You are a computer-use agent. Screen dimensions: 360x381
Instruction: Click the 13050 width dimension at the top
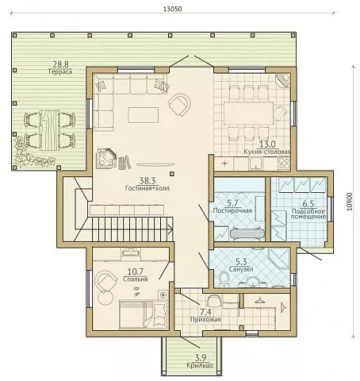click(172, 9)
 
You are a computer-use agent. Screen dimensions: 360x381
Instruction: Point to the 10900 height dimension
click(350, 202)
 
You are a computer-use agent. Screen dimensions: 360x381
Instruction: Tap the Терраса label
click(60, 71)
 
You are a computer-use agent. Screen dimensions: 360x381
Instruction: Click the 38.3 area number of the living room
click(147, 181)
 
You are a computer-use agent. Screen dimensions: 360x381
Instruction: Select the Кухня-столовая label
click(267, 152)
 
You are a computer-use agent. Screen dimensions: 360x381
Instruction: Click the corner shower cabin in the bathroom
click(279, 259)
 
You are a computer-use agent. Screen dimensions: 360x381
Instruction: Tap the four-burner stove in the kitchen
click(284, 164)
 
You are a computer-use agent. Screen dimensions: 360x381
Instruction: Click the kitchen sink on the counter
click(255, 164)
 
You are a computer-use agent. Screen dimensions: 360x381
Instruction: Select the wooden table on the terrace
click(50, 130)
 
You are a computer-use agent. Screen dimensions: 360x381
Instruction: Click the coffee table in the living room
click(144, 115)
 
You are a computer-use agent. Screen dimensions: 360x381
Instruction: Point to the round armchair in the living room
click(179, 105)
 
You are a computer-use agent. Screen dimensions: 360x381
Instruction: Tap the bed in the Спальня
click(144, 314)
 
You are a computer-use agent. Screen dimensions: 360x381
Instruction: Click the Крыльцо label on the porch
click(200, 366)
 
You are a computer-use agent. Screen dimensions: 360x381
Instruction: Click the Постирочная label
click(232, 211)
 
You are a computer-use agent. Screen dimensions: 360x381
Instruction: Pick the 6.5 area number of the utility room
click(308, 204)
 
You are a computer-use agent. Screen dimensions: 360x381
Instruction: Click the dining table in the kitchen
click(249, 114)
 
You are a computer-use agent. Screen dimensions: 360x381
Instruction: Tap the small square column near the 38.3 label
click(172, 174)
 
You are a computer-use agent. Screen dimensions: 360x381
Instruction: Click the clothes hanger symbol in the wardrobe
click(259, 300)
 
